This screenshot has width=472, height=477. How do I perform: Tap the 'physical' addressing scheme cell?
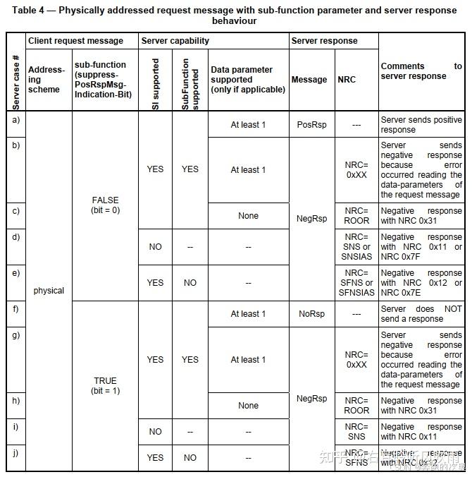coord(49,291)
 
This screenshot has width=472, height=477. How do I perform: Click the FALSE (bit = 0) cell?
coord(105,205)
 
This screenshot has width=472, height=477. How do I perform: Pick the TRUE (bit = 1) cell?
coord(105,385)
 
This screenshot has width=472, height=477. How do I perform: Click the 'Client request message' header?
coord(75,41)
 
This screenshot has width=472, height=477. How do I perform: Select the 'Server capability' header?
coord(175,41)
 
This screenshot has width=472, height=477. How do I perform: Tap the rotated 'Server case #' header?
coord(15,83)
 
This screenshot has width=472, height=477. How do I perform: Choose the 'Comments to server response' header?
coord(421,71)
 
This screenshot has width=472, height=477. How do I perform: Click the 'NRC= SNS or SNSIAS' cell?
coord(356,246)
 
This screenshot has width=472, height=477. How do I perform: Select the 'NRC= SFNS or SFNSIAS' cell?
coord(356,282)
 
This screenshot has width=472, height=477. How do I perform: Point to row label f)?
coord(15,308)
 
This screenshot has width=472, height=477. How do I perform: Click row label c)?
coord(15,210)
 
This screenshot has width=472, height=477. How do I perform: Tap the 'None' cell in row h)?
coord(248,406)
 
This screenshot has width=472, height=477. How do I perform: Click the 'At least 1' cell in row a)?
coord(248,125)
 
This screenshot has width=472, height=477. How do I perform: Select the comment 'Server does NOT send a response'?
coord(421,314)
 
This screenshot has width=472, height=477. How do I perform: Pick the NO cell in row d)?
coord(155,247)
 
